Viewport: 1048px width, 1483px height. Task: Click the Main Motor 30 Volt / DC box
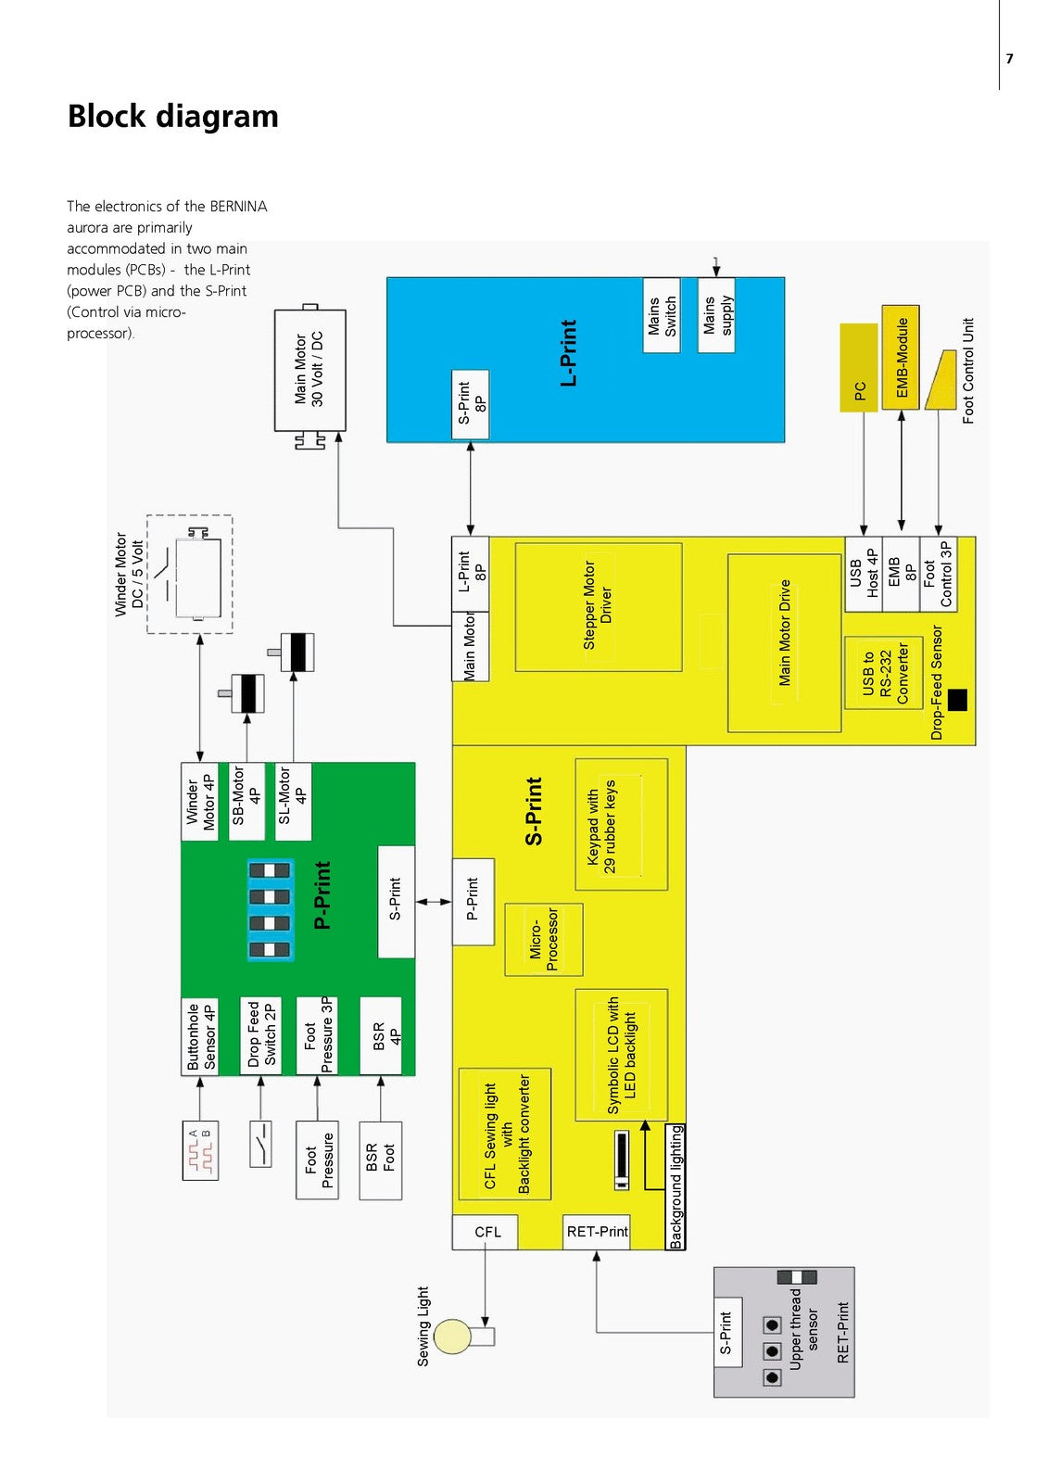tap(309, 370)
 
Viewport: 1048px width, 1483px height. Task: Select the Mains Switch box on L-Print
tap(662, 315)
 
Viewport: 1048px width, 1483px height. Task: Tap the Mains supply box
tap(716, 315)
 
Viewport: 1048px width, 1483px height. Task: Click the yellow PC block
tap(859, 367)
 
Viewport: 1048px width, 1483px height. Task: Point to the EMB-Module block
tap(901, 357)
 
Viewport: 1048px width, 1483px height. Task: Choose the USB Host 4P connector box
tap(864, 574)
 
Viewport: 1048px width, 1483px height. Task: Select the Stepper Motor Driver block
tap(598, 606)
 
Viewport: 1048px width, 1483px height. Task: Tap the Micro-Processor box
tap(544, 939)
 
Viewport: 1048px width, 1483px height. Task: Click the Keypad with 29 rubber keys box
tap(621, 824)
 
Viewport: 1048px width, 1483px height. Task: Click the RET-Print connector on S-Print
tap(597, 1232)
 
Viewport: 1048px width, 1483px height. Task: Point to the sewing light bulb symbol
tap(453, 1337)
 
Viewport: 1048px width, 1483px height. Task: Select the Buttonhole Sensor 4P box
tap(200, 1036)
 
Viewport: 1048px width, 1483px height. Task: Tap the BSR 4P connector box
tap(381, 1036)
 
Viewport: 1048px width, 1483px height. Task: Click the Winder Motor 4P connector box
tap(200, 802)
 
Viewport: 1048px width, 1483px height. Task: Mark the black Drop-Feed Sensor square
tap(957, 700)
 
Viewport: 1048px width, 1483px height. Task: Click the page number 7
tap(1009, 58)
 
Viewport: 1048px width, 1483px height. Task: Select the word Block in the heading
tap(107, 117)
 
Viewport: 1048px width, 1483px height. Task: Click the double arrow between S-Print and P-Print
tap(434, 901)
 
